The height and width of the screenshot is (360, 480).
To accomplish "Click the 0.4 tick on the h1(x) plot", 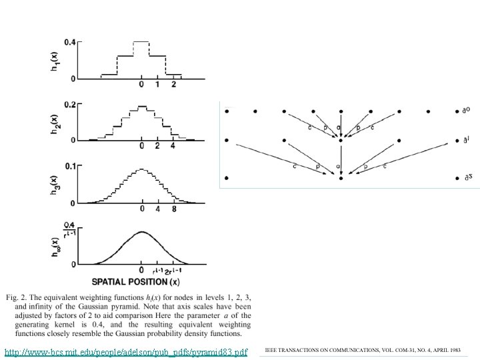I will point(70,42).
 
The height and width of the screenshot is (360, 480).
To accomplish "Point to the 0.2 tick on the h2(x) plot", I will point(70,105).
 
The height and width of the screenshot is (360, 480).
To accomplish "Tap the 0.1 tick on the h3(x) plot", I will point(70,165).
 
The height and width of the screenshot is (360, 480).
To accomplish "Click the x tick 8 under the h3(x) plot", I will point(173,209).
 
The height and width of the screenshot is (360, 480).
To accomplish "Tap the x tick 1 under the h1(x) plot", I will point(157,85).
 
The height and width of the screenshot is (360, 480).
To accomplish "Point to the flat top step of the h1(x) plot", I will point(141,41).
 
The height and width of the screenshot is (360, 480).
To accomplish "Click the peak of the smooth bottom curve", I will point(141,232).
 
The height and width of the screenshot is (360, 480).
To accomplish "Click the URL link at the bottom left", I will point(125,351).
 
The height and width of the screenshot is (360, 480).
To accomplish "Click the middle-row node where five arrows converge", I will point(341,141).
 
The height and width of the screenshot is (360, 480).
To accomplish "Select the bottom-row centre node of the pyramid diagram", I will point(341,178).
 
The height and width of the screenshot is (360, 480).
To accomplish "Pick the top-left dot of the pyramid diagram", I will point(227,111).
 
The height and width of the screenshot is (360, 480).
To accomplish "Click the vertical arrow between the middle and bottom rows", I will point(341,160).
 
